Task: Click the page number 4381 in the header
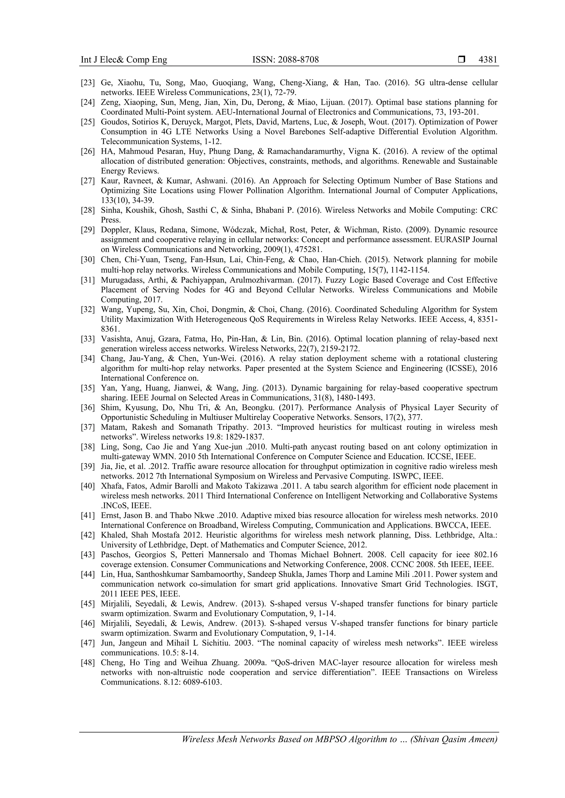click(x=488, y=60)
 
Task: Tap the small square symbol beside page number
click(x=461, y=60)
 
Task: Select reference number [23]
click(x=88, y=83)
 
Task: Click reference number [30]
click(x=88, y=260)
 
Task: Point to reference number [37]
click(x=88, y=427)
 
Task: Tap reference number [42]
click(x=88, y=535)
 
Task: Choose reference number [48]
click(x=88, y=663)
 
